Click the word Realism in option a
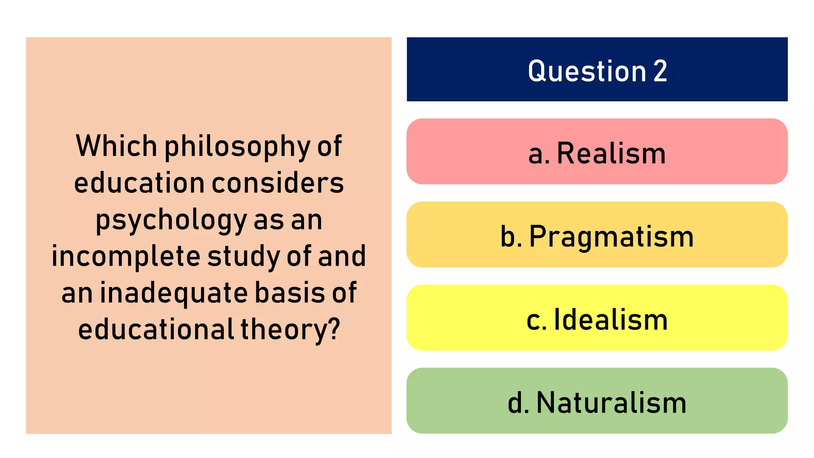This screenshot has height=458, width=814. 611,153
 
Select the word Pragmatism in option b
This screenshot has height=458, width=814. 611,237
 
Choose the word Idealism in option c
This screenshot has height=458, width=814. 610,320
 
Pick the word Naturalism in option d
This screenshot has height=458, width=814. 611,403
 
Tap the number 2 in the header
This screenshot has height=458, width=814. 660,72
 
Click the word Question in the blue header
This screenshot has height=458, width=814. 587,72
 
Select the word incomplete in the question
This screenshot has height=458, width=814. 126,256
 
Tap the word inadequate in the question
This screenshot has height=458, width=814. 174,293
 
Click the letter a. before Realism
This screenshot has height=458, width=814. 539,154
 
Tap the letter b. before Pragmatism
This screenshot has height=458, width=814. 511,237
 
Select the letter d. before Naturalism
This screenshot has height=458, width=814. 518,403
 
